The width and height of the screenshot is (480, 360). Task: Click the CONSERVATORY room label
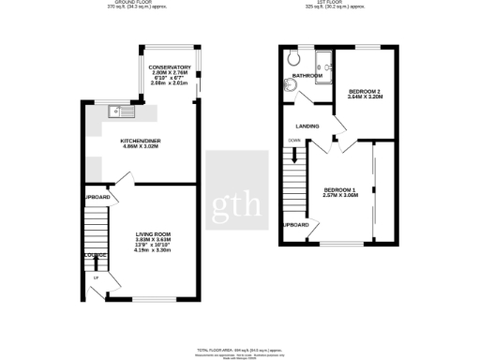pos(170,67)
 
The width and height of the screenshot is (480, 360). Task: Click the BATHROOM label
pos(307,75)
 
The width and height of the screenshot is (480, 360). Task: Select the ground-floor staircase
pos(97,230)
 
